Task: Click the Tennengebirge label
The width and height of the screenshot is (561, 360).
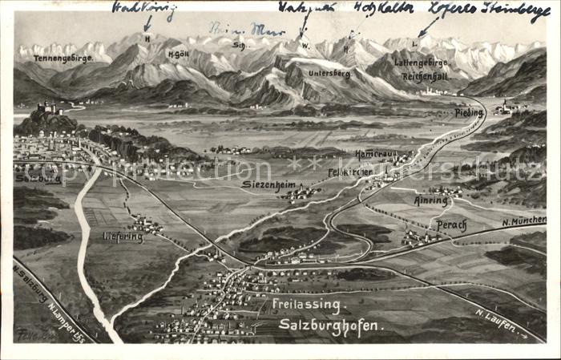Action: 63,58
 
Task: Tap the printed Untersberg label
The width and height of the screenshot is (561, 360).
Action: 329,73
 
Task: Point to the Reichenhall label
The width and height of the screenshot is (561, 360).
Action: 426,76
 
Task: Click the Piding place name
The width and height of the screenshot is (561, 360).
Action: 469,113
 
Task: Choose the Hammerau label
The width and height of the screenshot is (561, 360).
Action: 375,153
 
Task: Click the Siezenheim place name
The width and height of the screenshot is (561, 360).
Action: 269,184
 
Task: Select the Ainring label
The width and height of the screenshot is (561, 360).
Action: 431,200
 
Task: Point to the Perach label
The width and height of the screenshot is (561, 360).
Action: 451,225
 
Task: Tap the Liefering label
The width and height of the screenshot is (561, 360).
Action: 123,237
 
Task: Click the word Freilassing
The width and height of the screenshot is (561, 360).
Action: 308,305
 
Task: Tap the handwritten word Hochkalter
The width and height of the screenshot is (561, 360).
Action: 384,9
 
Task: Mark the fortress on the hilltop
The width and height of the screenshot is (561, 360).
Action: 48,107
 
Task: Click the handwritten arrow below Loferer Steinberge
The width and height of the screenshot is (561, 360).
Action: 427,28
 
